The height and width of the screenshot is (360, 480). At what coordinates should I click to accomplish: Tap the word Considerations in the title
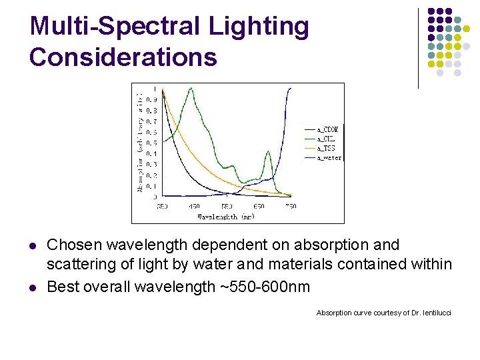(123, 57)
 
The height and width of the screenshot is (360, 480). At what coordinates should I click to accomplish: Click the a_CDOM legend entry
(327, 129)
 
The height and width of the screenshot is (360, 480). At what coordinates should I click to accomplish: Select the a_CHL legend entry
(325, 138)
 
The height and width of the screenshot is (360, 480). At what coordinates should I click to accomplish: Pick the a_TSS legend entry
(326, 148)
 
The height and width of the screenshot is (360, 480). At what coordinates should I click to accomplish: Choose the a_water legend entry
(329, 158)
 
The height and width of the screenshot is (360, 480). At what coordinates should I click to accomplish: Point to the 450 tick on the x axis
(194, 206)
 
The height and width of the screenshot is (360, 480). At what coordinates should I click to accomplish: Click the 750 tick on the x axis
(291, 206)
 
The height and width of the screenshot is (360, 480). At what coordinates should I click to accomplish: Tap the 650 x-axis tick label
(259, 206)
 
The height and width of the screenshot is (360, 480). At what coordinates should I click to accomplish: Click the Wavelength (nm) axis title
(226, 216)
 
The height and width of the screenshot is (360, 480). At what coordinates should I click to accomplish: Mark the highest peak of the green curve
(193, 88)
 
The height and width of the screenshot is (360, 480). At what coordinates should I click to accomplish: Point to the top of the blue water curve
(289, 89)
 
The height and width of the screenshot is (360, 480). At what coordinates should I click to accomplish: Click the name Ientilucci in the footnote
(433, 313)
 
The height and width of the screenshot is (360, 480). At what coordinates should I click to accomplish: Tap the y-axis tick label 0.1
(155, 186)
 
